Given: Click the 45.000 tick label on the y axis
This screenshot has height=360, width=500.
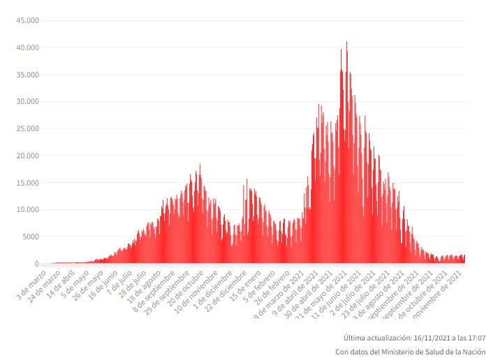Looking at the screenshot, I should tap(26, 20).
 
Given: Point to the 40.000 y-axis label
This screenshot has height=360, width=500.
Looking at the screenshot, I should tap(26, 47).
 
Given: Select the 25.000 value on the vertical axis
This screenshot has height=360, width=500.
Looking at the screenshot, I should tap(26, 128).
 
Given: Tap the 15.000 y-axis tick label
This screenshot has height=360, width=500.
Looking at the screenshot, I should tap(26, 183).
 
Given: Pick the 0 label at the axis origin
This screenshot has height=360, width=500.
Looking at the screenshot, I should tap(36, 264).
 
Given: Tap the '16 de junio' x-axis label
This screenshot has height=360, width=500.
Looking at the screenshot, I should tap(105, 279).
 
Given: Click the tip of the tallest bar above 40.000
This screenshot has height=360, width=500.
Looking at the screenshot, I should tap(346, 42).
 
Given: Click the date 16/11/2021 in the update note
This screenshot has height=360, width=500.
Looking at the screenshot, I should tap(423, 338).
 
